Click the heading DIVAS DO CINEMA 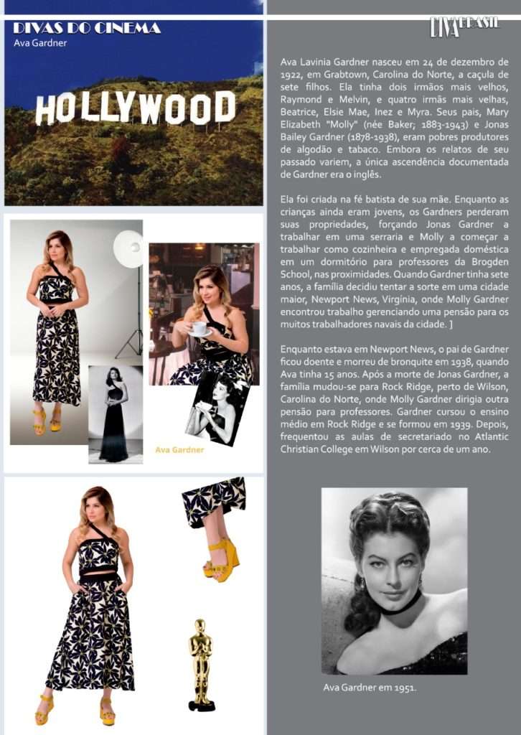(x=86, y=28)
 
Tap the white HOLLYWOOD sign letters (x=136, y=108)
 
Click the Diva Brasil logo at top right (x=464, y=26)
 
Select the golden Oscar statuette (x=200, y=664)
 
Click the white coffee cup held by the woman (x=199, y=327)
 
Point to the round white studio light (x=128, y=248)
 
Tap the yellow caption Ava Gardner (x=179, y=450)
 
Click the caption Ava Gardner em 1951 (x=370, y=688)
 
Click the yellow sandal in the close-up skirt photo (x=220, y=560)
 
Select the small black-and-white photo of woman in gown (x=115, y=413)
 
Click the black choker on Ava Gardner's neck (x=402, y=607)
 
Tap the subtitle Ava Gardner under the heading (x=40, y=43)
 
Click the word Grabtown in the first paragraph (x=346, y=74)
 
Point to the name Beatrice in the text (x=301, y=111)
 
